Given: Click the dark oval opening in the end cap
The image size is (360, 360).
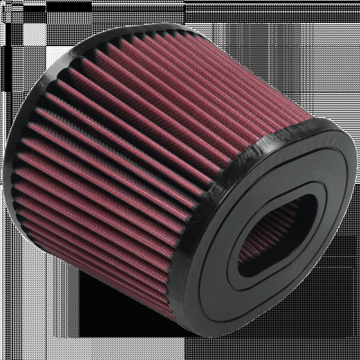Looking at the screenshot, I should [x=274, y=230].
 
